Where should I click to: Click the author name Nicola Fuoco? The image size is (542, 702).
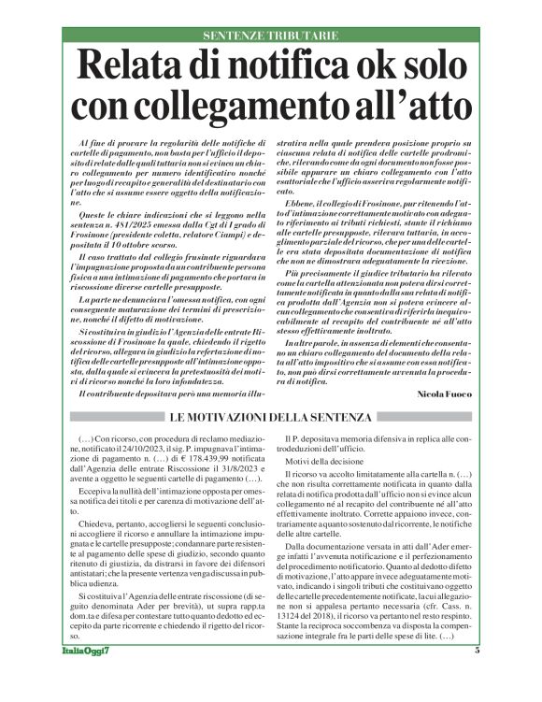click(x=458, y=396)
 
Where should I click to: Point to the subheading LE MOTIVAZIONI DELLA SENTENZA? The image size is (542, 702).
click(x=271, y=416)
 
